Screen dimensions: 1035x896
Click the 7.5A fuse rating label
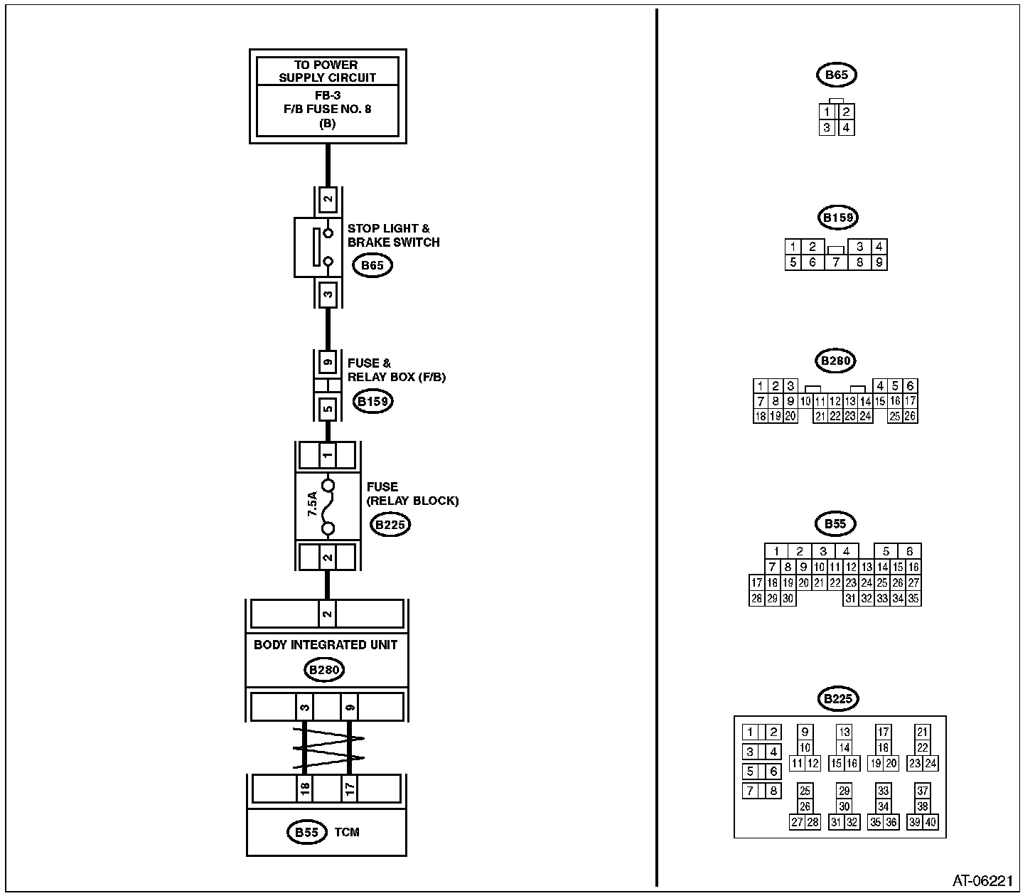click(312, 504)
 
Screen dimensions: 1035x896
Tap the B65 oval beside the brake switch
click(372, 265)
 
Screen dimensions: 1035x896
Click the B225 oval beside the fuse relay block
click(390, 525)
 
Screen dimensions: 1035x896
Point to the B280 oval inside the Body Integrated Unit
click(324, 670)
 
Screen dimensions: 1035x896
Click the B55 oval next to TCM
click(307, 833)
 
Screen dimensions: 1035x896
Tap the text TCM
click(347, 833)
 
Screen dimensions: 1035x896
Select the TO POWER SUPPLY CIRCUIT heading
click(328, 71)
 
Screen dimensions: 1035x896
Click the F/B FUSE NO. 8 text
click(328, 110)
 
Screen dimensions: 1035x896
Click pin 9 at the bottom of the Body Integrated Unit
click(350, 707)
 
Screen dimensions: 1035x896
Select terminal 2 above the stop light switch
click(328, 199)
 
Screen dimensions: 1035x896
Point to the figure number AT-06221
click(982, 880)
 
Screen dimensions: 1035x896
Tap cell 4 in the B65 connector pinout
click(846, 128)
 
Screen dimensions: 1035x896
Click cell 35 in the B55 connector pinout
click(913, 599)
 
